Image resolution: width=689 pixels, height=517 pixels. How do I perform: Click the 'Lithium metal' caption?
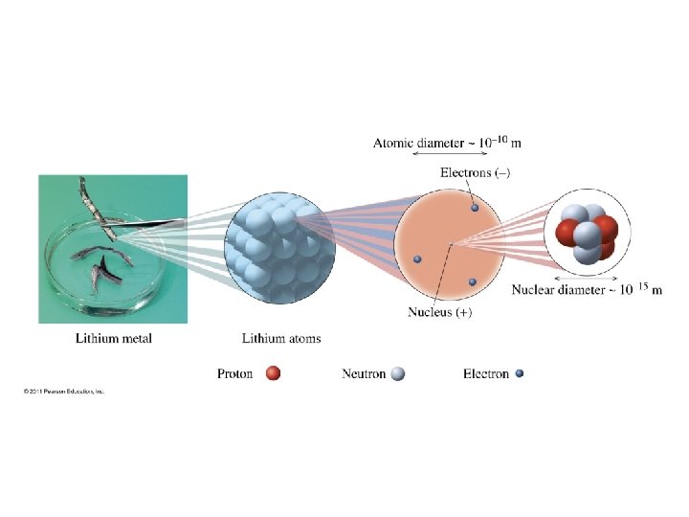(114, 338)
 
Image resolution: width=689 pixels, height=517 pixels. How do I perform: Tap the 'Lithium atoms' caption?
(281, 338)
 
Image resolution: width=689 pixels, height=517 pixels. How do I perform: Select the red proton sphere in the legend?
(273, 373)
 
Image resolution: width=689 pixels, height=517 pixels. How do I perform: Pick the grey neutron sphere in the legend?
(398, 373)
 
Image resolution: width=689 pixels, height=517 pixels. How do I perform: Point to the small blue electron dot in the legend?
(520, 373)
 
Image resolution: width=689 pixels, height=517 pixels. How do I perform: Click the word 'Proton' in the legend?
(235, 373)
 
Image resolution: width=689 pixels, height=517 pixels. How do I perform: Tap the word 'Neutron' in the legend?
(364, 373)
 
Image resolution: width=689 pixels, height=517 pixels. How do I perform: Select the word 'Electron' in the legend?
(486, 373)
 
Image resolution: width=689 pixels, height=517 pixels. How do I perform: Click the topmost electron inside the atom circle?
(474, 207)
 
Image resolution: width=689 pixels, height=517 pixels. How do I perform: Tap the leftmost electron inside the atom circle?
(418, 259)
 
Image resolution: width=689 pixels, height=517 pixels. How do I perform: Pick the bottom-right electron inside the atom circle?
(473, 281)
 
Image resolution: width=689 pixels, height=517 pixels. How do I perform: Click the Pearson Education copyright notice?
(64, 392)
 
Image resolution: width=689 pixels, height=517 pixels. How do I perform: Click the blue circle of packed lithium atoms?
(278, 247)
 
